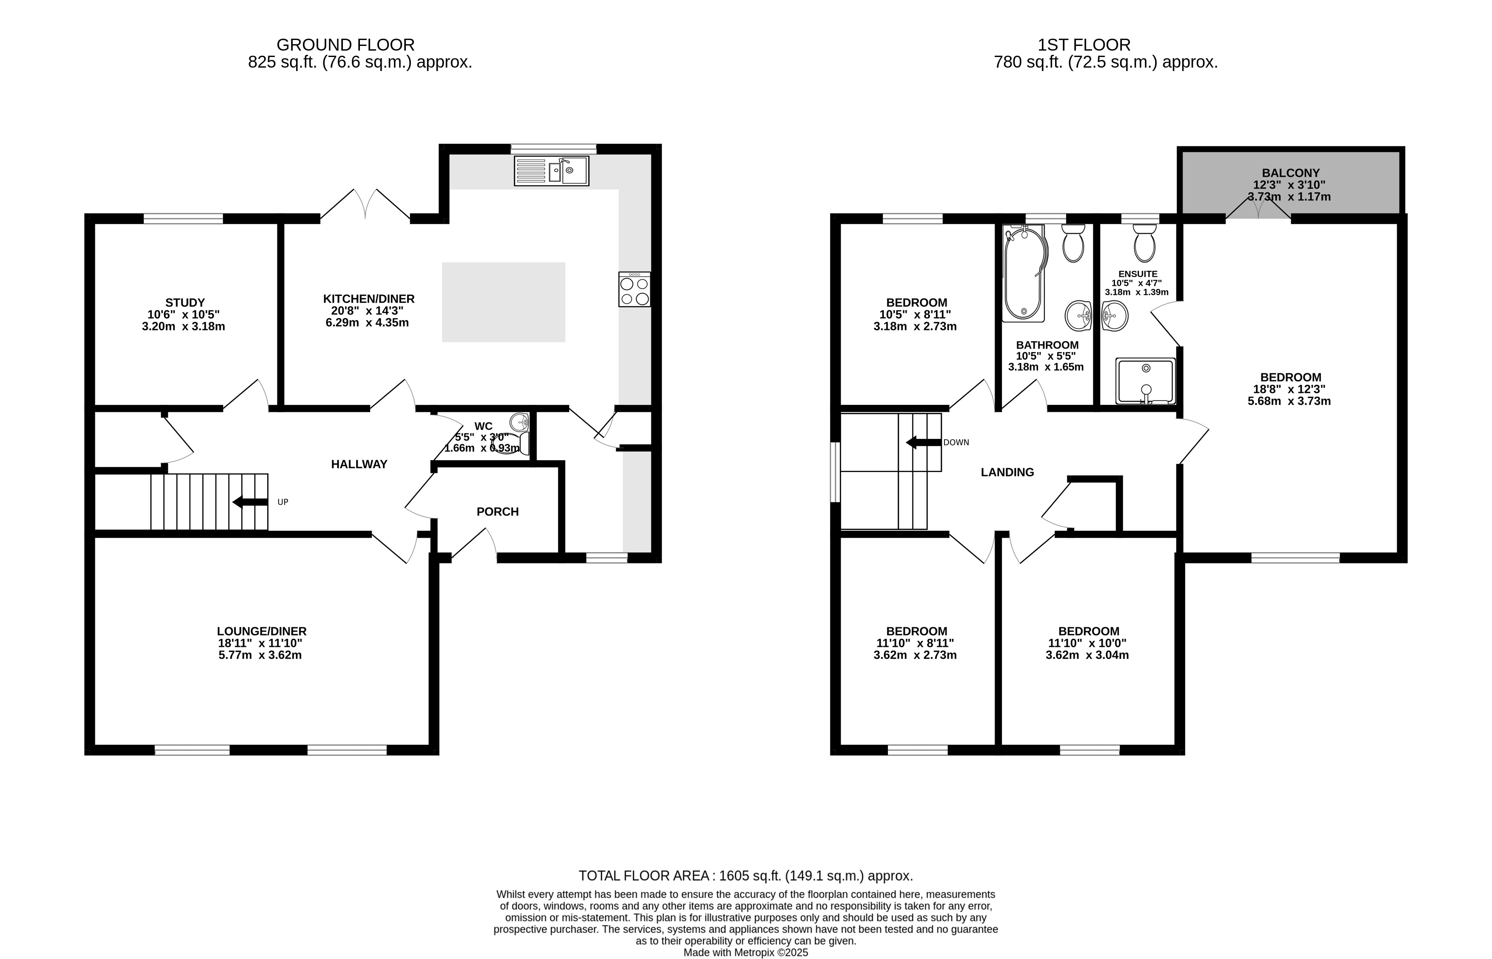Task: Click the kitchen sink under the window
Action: pyautogui.click(x=551, y=171)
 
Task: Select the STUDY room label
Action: pyautogui.click(x=185, y=303)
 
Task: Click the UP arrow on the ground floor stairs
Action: pyautogui.click(x=251, y=502)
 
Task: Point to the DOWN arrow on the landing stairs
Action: pyautogui.click(x=923, y=443)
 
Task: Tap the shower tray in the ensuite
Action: pyautogui.click(x=1145, y=381)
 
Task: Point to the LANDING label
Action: pyautogui.click(x=1007, y=472)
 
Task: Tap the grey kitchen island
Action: pyautogui.click(x=503, y=302)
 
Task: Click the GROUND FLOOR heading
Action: pyautogui.click(x=346, y=45)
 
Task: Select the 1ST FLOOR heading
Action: pyautogui.click(x=1084, y=45)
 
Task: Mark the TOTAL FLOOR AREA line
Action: pyautogui.click(x=746, y=876)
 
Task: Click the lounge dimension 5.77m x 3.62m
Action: pyautogui.click(x=260, y=655)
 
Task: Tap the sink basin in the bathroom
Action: pyautogui.click(x=1078, y=316)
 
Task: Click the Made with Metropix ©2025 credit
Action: pyautogui.click(x=746, y=953)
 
